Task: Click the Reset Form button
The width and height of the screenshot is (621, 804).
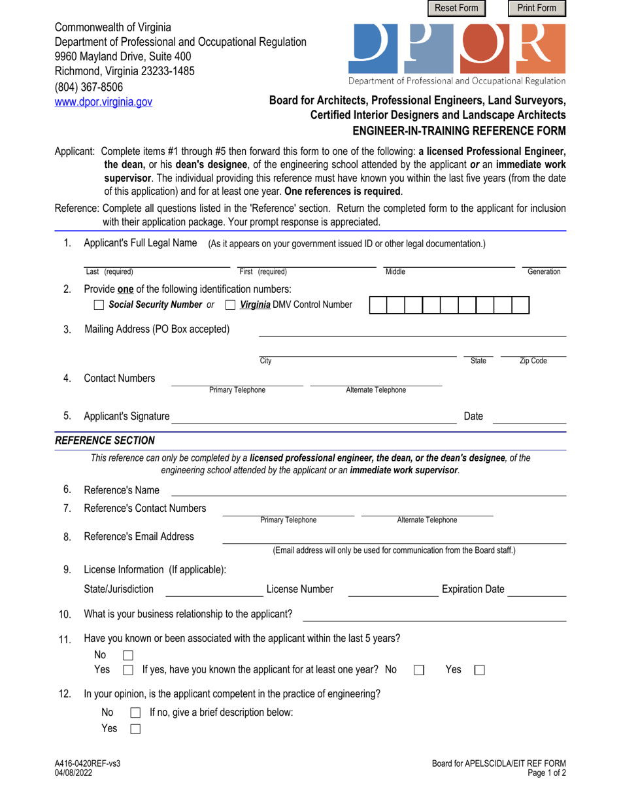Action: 457,8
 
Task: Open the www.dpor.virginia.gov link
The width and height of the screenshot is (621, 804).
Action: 103,102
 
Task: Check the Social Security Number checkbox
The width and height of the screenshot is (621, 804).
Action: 99,305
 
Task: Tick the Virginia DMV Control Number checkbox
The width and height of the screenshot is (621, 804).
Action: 230,305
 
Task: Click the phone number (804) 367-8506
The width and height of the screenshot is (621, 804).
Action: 88,87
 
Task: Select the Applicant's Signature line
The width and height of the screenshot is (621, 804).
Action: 314,418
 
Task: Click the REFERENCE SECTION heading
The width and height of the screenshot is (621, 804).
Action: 105,441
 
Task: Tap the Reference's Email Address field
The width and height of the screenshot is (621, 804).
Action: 394,537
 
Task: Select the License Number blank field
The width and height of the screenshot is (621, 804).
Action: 393,590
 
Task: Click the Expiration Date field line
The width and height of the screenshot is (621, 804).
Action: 537,590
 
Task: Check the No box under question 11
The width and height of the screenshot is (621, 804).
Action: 128,655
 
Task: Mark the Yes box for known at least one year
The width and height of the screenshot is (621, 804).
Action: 479,670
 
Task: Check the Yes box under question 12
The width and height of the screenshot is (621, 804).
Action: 135,729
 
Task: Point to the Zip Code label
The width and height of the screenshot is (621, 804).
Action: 533,361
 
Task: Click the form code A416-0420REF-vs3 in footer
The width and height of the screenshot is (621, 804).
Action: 88,763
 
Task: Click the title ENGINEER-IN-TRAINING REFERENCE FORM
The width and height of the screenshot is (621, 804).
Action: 459,130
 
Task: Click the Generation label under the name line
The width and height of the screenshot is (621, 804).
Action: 544,272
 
